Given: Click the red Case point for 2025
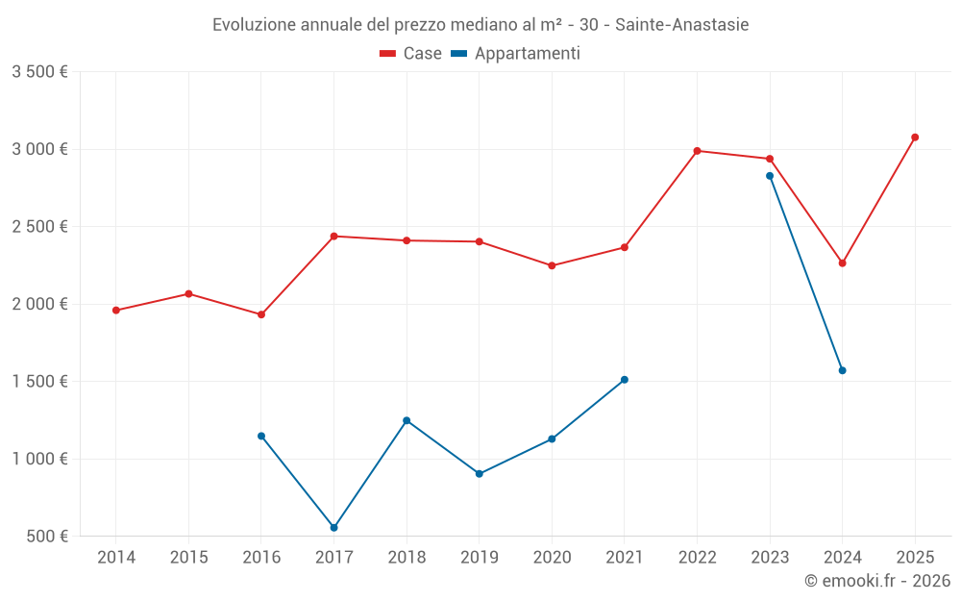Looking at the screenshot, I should point(915,138).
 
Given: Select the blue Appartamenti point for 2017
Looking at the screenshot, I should point(333,528).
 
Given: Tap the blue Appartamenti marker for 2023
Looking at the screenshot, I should point(770,176).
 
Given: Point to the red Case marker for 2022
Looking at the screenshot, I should point(697,151).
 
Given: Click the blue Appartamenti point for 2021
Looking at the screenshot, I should point(625,380).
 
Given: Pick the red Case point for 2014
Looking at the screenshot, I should point(115,311).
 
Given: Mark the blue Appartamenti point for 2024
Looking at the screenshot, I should point(843,370).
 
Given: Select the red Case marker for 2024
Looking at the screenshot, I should point(843,263).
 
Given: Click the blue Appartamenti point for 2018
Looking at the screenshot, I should point(407,420).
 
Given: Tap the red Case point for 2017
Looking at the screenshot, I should point(333,237).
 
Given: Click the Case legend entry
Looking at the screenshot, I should point(411,54).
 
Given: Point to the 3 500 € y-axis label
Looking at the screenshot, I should point(39,72).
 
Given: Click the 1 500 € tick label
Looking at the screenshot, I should point(39,382).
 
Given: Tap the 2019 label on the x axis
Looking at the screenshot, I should point(479,558).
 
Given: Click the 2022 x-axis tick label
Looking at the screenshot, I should point(697,558).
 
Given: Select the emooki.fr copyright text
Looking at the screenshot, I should point(877,581).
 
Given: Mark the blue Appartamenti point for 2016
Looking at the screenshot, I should point(260,437).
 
